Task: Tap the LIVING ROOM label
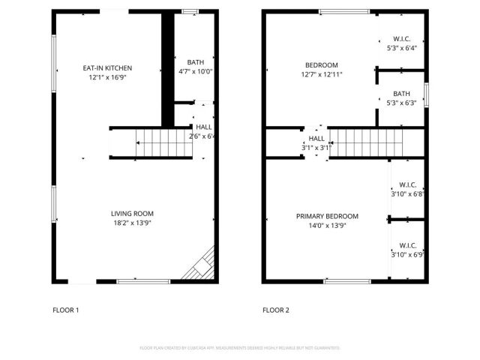133,213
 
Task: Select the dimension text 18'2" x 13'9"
133,223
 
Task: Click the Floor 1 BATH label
195,62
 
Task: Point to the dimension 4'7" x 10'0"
195,72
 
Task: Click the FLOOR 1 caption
65,310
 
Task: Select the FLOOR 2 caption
275,310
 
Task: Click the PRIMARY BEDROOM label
327,216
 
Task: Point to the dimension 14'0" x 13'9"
327,226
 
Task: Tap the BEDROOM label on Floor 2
321,64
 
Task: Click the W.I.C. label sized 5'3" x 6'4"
402,39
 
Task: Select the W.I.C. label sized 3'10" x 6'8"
408,184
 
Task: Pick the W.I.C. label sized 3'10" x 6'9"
408,244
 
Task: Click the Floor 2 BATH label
401,94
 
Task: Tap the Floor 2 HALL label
316,139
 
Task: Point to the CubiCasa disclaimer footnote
240,348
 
